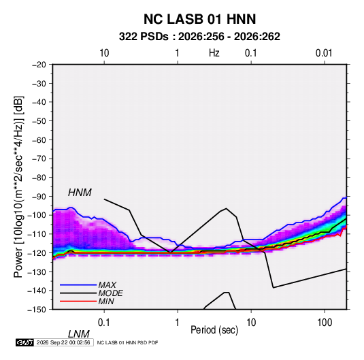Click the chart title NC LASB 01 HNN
199,19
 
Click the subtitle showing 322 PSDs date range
199,37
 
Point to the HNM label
80,193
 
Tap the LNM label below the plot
79,334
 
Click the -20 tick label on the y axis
39,65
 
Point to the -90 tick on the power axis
39,197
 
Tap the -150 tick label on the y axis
37,310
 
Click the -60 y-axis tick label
39,140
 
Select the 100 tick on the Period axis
325,323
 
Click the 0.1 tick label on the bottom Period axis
104,323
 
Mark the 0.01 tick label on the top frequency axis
324,53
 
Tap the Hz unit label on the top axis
214,53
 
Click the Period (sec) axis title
214,330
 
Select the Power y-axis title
18,186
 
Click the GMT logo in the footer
24,342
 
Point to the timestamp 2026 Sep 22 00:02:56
63,342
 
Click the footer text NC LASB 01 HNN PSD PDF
127,342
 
